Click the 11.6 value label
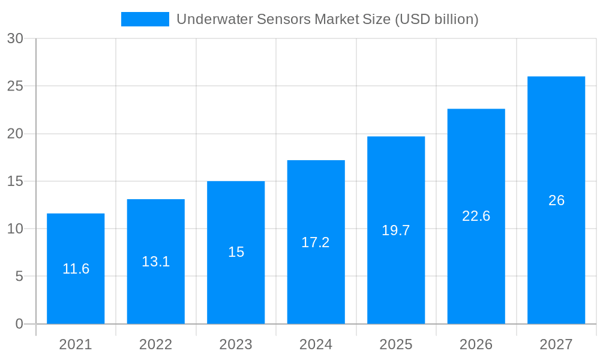[x=76, y=269]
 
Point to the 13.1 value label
[x=156, y=262]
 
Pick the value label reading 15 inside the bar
[x=236, y=252]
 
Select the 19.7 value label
[x=396, y=230]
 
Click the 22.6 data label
[x=476, y=216]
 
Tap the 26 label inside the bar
[x=556, y=200]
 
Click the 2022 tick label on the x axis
[x=156, y=344]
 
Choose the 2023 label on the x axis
[x=236, y=344]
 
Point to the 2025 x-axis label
[x=396, y=344]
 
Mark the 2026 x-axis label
[x=476, y=344]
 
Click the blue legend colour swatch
[x=145, y=19]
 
